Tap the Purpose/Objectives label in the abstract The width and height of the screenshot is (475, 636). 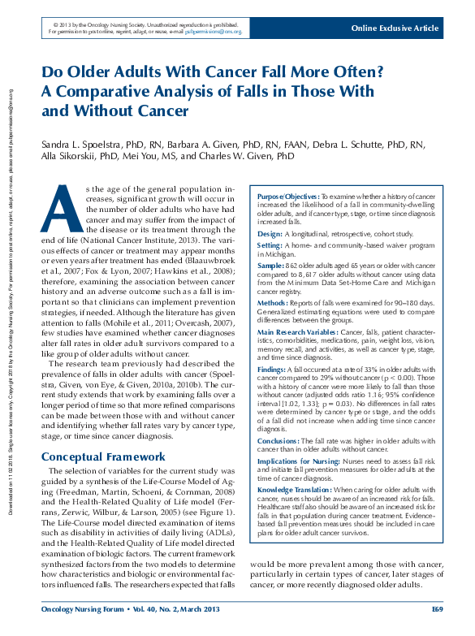288,197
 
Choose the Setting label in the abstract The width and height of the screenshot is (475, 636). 270,244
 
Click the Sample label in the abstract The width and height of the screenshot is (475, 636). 271,265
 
